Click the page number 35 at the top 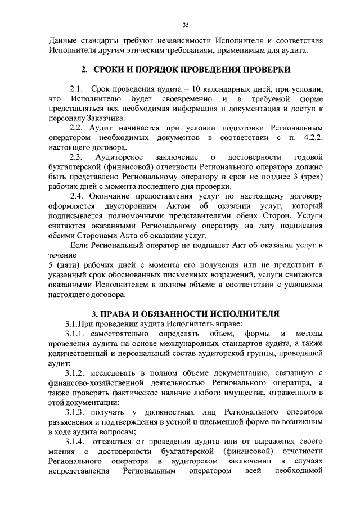pyautogui.click(x=184, y=24)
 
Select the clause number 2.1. pyautogui.click(x=76, y=89)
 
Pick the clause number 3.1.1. pyautogui.click(x=77, y=335)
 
